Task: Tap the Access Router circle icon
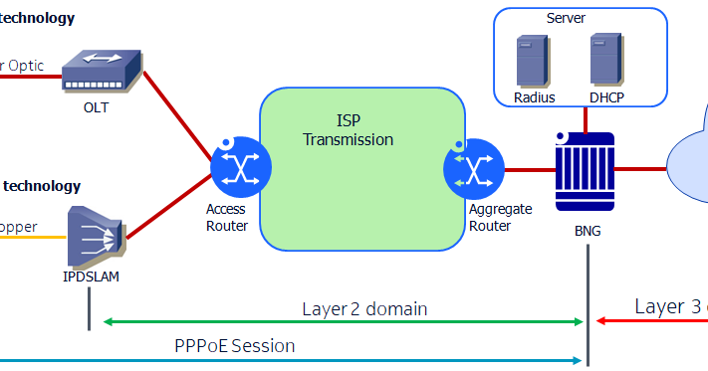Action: coord(240,168)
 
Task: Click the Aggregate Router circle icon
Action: coord(473,168)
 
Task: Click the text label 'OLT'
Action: coord(96,107)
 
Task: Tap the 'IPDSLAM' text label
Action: coord(91,277)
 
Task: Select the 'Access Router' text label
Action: coord(226,218)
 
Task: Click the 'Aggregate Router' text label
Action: coord(500,218)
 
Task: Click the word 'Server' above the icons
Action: coord(566,18)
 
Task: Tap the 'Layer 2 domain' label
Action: coord(364,308)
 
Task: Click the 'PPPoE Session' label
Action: coord(234,346)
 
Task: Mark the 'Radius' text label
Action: coord(534,97)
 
